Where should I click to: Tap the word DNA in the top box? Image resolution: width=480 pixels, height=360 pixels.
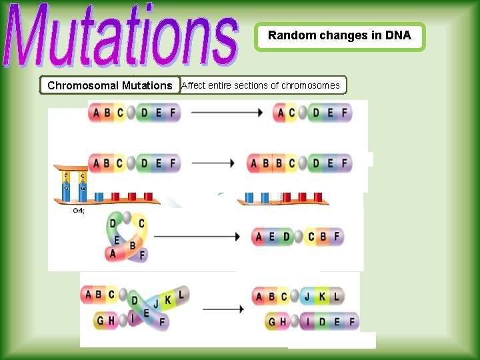(398, 36)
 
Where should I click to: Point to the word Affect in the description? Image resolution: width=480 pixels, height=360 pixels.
(193, 85)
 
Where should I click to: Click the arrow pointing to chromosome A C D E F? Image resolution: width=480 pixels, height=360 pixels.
(227, 113)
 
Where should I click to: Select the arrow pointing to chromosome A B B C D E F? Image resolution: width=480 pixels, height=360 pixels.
(213, 163)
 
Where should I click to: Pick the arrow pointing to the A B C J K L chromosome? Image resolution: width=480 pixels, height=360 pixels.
(223, 309)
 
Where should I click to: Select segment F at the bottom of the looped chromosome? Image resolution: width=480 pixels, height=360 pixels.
(141, 254)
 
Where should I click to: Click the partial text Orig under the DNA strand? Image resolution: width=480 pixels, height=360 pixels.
(78, 210)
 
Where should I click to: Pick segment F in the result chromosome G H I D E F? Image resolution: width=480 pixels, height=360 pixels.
(350, 322)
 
